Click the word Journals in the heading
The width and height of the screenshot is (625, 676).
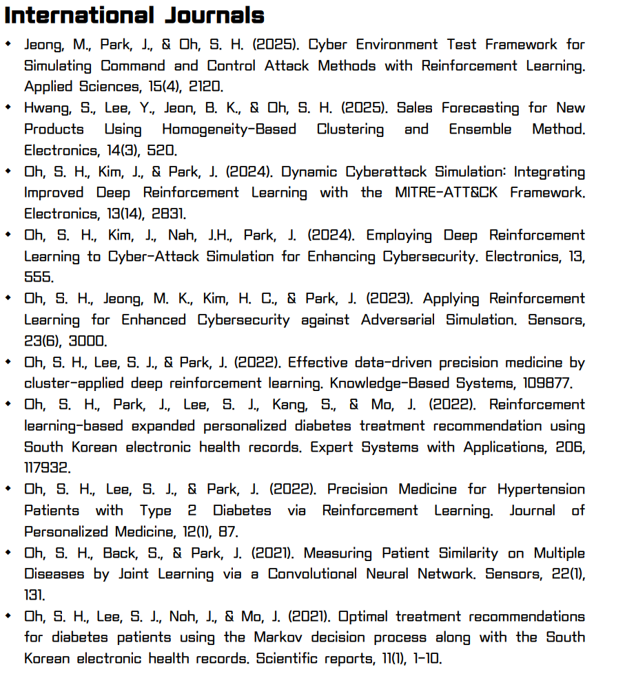click(216, 15)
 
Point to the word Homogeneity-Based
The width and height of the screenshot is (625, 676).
click(229, 129)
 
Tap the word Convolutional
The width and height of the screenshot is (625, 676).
click(310, 574)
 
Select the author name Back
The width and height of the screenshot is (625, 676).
click(120, 553)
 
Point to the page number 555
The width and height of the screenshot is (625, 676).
click(38, 277)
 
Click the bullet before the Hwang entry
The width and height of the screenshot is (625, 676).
click(8, 108)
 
